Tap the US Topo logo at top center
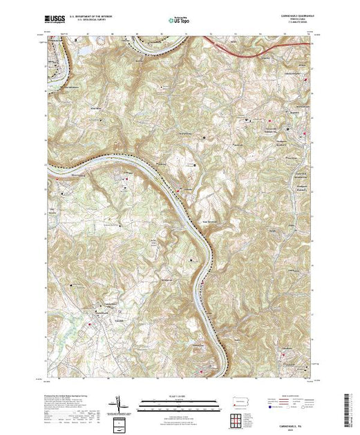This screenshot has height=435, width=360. pyautogui.click(x=180, y=21)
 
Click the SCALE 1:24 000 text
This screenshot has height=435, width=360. pyautogui.click(x=180, y=395)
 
